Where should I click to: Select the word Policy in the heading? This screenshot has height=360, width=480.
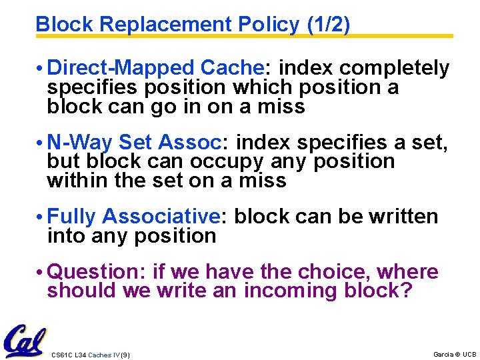click(270, 25)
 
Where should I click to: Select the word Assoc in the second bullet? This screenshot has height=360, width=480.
click(194, 142)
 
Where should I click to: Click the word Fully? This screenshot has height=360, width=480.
click(73, 217)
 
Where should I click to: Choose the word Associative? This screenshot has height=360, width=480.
click(161, 217)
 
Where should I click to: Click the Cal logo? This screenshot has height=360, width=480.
click(25, 342)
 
